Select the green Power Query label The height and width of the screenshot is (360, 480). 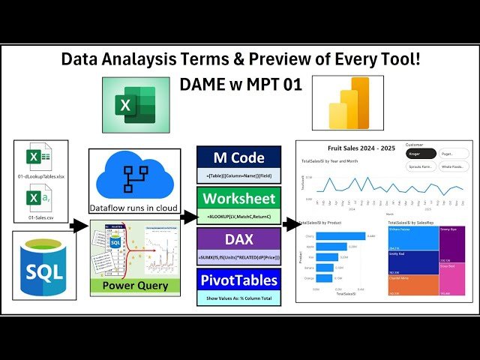point(135,285)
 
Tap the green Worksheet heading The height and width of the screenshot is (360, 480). point(238,199)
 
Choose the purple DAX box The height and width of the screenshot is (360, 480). point(238,240)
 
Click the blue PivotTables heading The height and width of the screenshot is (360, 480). point(238,281)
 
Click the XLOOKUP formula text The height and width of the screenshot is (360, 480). point(238,217)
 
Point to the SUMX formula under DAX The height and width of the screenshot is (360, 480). point(238,258)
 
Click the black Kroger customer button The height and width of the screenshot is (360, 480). point(415,154)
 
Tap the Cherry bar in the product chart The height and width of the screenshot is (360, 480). point(341,235)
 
